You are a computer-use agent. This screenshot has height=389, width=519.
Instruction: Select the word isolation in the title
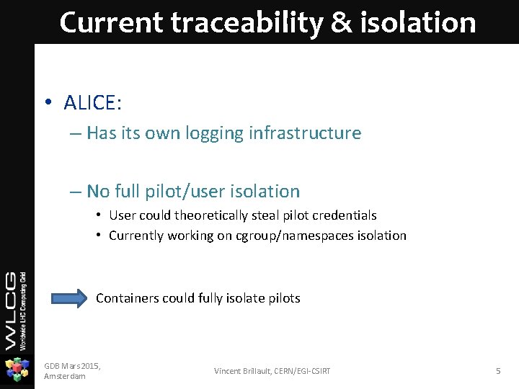(428, 22)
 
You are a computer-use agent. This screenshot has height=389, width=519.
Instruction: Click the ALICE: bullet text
(92, 103)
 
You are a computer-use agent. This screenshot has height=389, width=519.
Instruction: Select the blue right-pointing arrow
(69, 298)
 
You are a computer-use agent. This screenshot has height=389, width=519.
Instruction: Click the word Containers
(127, 298)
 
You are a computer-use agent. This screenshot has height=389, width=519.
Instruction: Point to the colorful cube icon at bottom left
(17, 370)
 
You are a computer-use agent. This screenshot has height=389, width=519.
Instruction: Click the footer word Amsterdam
(65, 377)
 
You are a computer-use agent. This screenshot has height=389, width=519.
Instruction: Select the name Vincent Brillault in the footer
(244, 371)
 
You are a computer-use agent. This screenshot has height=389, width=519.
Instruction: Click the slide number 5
(497, 371)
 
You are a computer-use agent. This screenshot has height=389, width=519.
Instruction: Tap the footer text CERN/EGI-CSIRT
(303, 371)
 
